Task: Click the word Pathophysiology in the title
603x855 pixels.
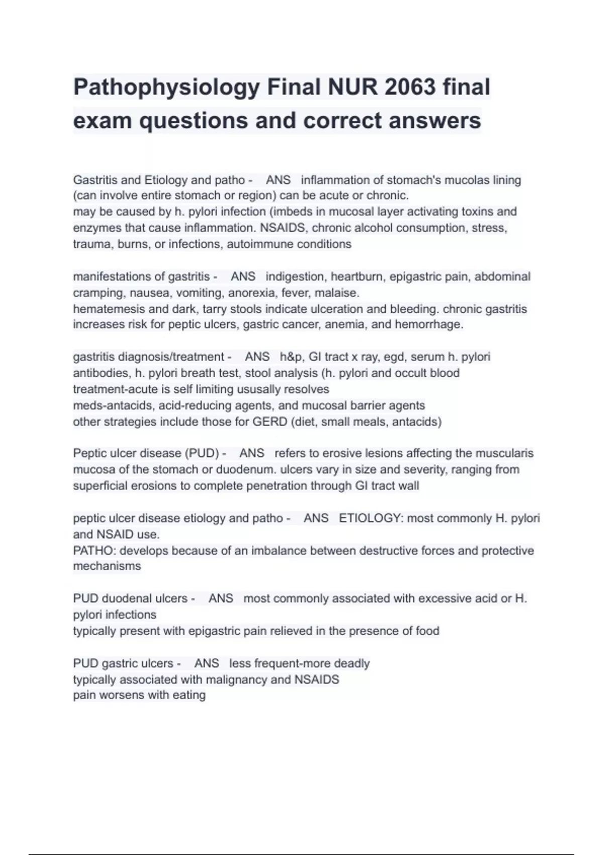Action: pos(166,88)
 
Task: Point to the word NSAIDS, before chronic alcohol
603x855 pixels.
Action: pos(282,228)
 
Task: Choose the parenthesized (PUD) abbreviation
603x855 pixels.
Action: pos(203,453)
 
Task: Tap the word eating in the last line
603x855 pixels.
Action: pos(189,695)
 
